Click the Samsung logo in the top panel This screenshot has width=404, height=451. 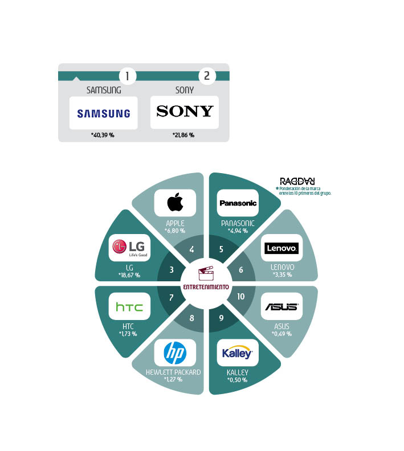pos(103,113)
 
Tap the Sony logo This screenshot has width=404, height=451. pos(185,112)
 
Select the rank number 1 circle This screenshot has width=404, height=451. pos(127,76)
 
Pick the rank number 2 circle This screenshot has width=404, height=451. pos(206,76)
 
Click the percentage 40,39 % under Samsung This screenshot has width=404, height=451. pos(103,136)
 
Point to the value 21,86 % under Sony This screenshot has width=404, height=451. pos(183,136)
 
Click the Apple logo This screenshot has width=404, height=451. pos(175,202)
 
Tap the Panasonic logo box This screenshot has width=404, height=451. pos(238,203)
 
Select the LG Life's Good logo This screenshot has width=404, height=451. pos(129,248)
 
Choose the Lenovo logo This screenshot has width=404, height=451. pos(281,248)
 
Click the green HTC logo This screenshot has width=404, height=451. pos(129,307)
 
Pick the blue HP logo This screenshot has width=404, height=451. pos(175,353)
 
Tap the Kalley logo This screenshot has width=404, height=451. pos(238,353)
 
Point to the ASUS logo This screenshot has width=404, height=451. pos(281,307)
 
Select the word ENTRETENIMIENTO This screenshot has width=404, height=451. pos(206,287)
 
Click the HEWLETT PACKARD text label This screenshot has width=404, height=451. pos(173,372)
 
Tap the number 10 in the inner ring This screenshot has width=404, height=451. pos(240,296)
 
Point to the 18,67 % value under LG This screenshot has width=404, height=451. pos(129,275)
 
